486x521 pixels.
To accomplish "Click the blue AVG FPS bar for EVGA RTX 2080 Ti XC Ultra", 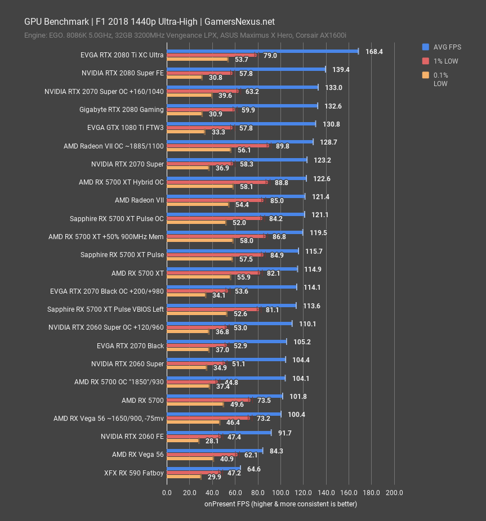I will click(x=262, y=51).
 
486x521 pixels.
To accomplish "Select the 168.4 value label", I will click(x=374, y=51).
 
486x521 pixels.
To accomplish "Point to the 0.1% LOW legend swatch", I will click(x=426, y=75).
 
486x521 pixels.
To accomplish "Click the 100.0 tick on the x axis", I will click(x=280, y=493).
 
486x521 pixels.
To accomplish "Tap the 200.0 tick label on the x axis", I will click(x=394, y=493).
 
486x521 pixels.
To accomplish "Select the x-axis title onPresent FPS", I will click(x=280, y=504).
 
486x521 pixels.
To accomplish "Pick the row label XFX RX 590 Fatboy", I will click(x=134, y=473).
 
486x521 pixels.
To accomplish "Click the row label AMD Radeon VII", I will click(x=139, y=200).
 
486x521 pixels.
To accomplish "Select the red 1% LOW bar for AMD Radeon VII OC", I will click(x=217, y=146).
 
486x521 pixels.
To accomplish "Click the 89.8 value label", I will click(x=282, y=146).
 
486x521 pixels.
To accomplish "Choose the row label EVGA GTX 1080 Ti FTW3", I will click(x=126, y=128).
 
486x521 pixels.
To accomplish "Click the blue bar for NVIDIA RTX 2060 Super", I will click(x=226, y=360).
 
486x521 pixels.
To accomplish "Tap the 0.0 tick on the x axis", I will click(x=167, y=493).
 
